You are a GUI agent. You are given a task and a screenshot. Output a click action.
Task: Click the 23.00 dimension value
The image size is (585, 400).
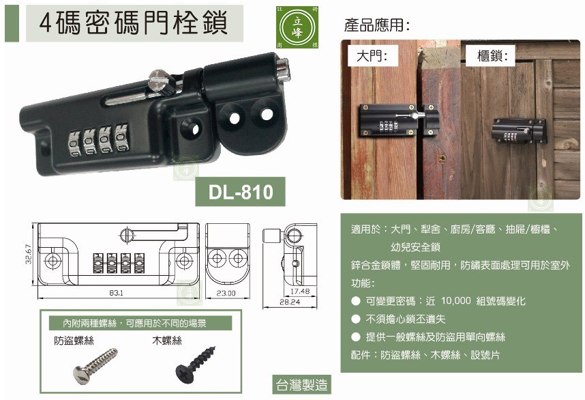226,293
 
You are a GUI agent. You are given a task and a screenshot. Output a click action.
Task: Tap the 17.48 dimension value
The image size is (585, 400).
299,291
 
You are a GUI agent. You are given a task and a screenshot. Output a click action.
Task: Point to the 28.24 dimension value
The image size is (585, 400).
290,301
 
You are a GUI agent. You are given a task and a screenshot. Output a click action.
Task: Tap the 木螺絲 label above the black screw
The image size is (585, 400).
167,339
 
